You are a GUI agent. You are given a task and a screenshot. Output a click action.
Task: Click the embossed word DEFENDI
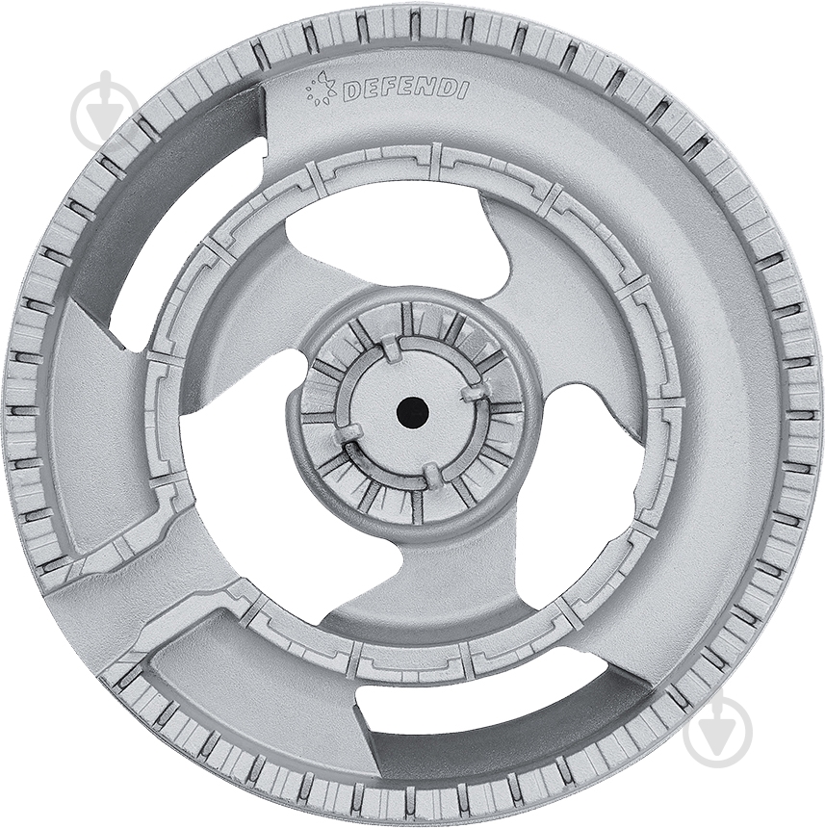pos(405,91)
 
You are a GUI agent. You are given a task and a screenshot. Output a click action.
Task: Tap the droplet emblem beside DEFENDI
pos(322,86)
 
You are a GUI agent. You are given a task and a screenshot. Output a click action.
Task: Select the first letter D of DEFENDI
pos(352,91)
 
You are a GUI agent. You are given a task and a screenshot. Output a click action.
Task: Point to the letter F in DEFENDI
pos(387,91)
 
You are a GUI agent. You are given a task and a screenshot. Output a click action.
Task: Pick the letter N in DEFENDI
pos(425,91)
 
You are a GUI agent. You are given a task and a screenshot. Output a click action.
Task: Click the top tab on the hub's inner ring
pos(392,350)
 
